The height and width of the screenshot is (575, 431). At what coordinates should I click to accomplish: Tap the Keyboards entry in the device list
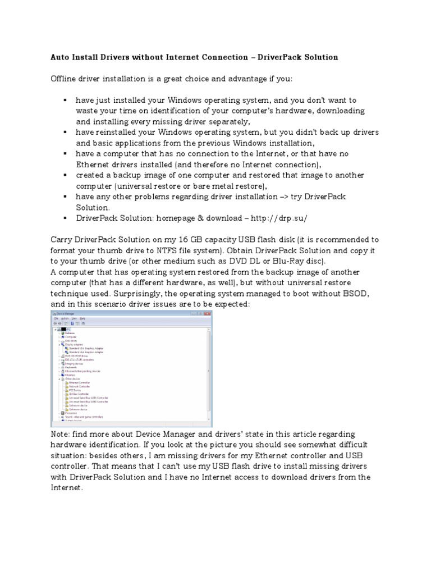(x=72, y=367)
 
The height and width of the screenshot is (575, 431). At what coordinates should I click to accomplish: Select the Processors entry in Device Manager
(x=71, y=413)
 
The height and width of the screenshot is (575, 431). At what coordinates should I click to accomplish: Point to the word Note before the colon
(x=60, y=435)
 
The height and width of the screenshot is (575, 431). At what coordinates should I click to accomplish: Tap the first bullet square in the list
(x=65, y=99)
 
